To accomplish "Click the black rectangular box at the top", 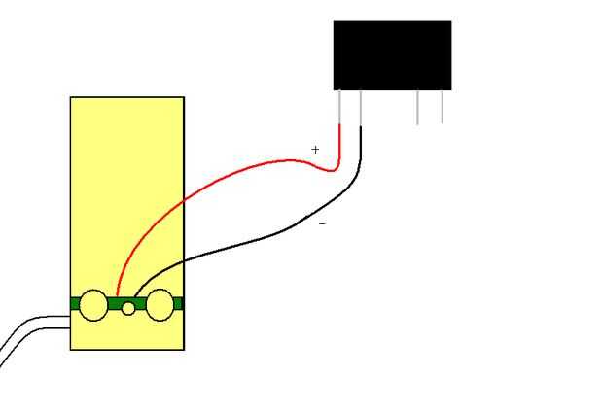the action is click(x=392, y=55).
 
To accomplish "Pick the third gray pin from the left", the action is click(x=418, y=107).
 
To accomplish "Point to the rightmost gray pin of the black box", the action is click(x=443, y=107).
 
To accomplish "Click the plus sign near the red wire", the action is click(x=315, y=150).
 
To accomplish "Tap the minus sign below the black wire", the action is click(x=322, y=224).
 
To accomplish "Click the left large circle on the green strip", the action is click(x=93, y=304).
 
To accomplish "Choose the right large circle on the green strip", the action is click(x=160, y=305).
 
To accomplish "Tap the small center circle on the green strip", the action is click(x=128, y=309).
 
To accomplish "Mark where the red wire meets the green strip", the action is click(x=117, y=295).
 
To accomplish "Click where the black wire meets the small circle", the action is click(x=134, y=299).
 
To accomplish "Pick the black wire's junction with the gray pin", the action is click(x=361, y=126).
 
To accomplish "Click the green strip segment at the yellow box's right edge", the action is click(x=178, y=304).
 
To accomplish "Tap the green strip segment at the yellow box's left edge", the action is click(x=75, y=304).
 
